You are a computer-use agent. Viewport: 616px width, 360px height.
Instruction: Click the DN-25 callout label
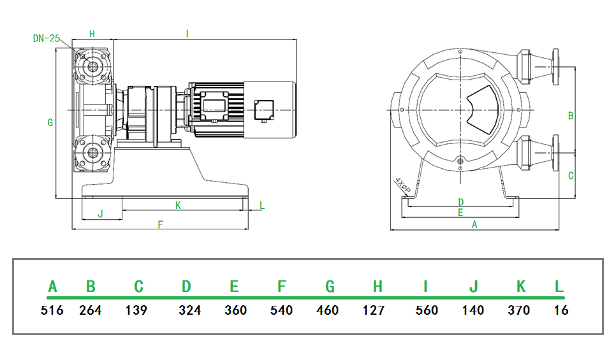click(47, 38)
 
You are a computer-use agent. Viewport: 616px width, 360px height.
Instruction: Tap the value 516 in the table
click(52, 310)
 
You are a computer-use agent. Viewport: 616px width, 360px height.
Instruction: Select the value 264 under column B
click(91, 310)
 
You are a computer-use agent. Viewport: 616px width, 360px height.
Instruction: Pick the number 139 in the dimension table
click(136, 310)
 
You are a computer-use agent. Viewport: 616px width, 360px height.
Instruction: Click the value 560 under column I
click(427, 310)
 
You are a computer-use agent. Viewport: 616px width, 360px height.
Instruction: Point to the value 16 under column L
click(561, 310)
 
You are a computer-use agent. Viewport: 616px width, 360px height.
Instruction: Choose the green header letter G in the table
click(330, 287)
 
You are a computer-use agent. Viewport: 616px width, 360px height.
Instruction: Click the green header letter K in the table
click(521, 287)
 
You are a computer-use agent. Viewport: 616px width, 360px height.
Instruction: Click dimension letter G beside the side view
click(50, 122)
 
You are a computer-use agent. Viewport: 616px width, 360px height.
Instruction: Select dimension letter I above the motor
click(187, 34)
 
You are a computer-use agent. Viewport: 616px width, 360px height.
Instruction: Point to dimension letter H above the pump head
click(92, 34)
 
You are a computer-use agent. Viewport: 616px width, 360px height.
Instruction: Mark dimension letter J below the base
click(101, 214)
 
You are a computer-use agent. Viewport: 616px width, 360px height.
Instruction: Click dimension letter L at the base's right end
click(262, 205)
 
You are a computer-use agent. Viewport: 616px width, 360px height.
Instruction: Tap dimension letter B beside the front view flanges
click(571, 116)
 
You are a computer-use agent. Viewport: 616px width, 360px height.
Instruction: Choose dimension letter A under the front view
click(474, 224)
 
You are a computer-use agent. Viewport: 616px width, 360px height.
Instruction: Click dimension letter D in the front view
click(461, 202)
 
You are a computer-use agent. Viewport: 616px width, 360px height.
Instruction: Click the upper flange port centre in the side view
click(92, 66)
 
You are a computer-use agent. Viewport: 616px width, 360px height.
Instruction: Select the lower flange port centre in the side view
click(92, 152)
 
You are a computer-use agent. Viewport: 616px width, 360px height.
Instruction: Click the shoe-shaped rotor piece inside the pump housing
click(483, 110)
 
